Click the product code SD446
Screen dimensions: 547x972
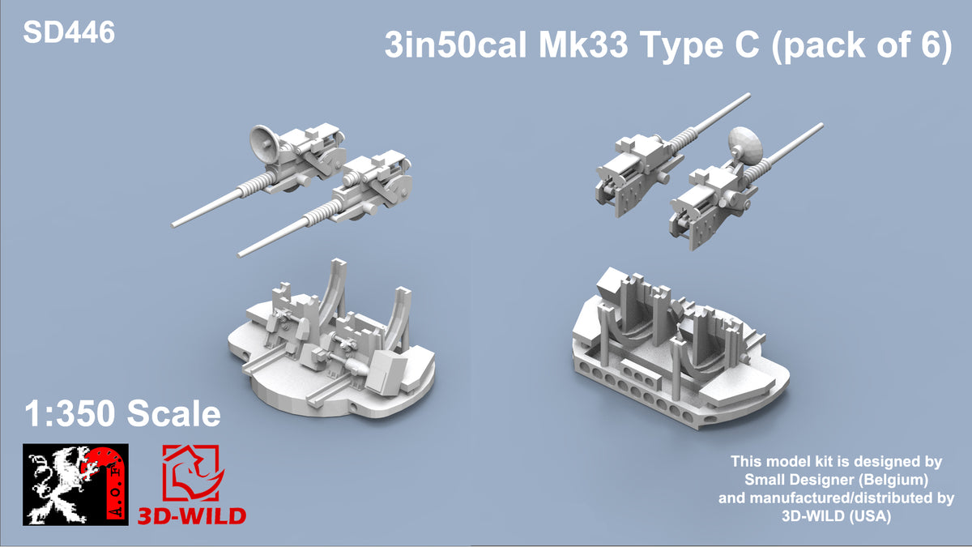coord(69,32)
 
